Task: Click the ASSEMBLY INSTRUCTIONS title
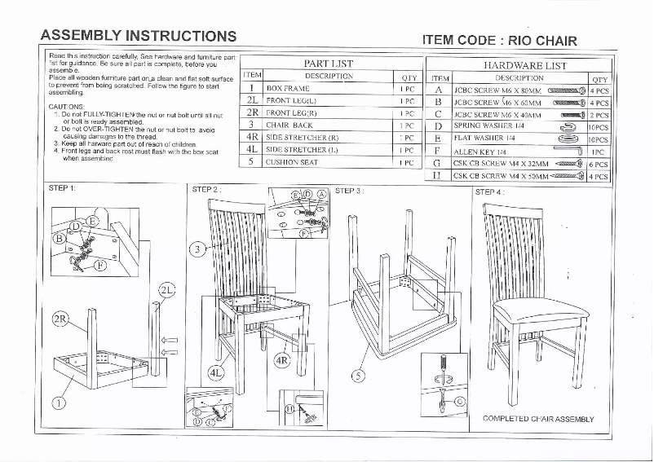(139, 36)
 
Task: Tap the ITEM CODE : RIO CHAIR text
(499, 40)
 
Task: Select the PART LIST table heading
(328, 63)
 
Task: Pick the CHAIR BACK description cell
(289, 125)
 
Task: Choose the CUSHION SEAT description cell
(292, 162)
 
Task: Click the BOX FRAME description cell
(288, 88)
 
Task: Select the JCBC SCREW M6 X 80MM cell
(497, 91)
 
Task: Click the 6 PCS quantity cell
(599, 164)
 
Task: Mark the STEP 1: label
(62, 188)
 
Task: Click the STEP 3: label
(349, 191)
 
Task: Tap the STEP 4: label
(489, 192)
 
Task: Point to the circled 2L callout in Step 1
(166, 290)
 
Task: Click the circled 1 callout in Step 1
(60, 401)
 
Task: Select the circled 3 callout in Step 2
(197, 249)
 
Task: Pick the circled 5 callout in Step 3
(356, 376)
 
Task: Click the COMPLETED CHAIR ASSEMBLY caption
(538, 419)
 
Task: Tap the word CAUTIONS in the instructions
(67, 107)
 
